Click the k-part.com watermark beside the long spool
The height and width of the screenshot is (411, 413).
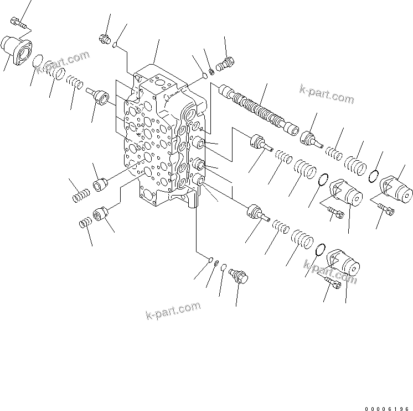pyautogui.click(x=326, y=94)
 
